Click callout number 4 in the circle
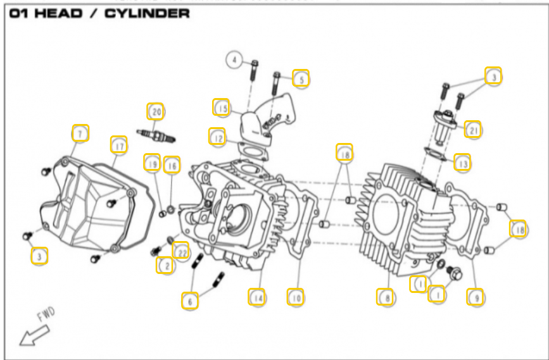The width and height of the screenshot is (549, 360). coord(234,61)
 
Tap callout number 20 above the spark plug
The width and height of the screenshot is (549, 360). coord(156,111)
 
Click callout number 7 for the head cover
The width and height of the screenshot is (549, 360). coord(80,133)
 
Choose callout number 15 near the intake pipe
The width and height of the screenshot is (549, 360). coord(221,108)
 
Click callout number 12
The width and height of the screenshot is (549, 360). coord(218,136)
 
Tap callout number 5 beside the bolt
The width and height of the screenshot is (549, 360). coord(301,78)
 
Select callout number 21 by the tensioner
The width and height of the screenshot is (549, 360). coord(472,129)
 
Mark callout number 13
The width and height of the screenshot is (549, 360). coord(463,163)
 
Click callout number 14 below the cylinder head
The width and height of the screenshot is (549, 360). coord(256,296)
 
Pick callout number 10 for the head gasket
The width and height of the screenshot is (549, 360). coord(295,296)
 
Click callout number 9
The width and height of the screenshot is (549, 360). coord(475,296)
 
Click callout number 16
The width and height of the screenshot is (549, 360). coord(172,165)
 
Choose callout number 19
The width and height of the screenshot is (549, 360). coord(151,163)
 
